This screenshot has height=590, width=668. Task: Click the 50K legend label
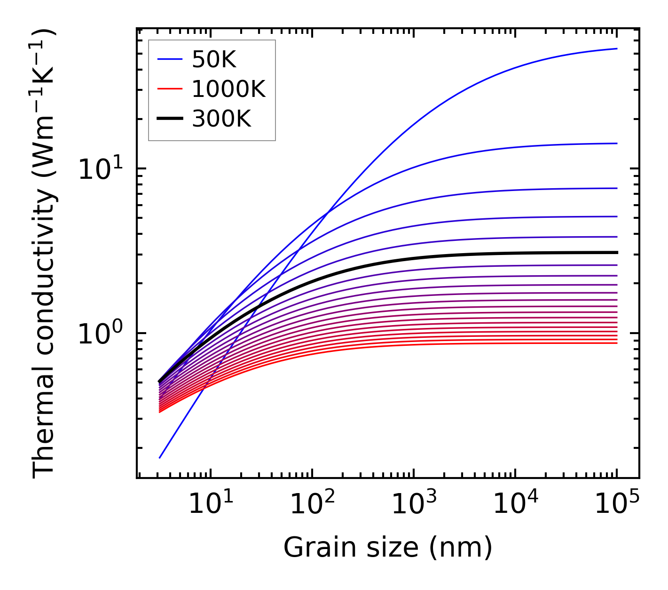[x=214, y=60]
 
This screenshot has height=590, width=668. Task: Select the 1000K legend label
[x=228, y=89]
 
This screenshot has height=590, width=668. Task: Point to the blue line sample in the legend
[x=169, y=59]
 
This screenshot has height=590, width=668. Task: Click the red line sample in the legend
[x=169, y=89]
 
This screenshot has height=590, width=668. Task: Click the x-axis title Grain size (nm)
[x=388, y=548]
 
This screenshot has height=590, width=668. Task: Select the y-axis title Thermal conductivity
[x=45, y=254]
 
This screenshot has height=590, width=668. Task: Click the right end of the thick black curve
[x=617, y=253]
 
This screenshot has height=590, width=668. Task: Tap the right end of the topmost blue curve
[x=617, y=48]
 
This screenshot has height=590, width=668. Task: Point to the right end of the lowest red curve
[x=617, y=343]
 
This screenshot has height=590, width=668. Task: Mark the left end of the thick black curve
[x=160, y=382]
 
